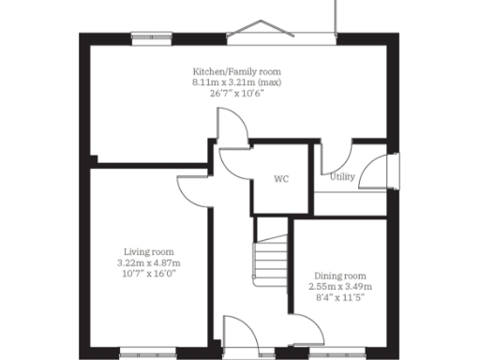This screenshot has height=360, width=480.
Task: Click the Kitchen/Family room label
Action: coord(236,71)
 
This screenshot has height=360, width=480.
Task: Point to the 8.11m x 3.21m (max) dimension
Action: coord(236,82)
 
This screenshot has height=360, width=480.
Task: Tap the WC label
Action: coord(281,177)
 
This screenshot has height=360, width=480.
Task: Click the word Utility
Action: coord(342,175)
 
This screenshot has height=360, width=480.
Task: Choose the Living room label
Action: coord(150,251)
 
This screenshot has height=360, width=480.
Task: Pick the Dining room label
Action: coord(341,275)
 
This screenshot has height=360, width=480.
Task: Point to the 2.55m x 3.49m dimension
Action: coord(341,286)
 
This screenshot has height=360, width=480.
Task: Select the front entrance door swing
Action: coord(236,334)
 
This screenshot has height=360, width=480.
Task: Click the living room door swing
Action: coord(192,187)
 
